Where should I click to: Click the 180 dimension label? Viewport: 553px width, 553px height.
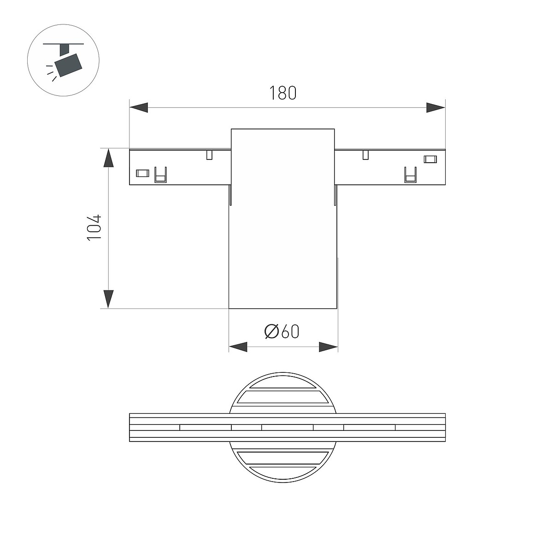[282, 93]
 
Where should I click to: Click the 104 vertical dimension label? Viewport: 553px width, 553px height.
[94, 227]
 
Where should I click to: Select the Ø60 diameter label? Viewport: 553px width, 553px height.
[282, 331]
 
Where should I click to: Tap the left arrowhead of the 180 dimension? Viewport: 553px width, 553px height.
[139, 108]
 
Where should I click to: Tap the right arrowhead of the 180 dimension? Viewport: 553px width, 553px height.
[435, 108]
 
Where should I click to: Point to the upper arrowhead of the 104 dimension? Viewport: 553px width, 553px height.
[108, 158]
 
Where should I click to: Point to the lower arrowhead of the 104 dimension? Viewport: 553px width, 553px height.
[108, 300]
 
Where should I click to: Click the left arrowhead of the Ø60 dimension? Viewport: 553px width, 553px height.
[238, 347]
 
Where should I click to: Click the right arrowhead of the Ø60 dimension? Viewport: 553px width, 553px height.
[328, 347]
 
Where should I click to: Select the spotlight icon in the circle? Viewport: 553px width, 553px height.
[64, 60]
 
